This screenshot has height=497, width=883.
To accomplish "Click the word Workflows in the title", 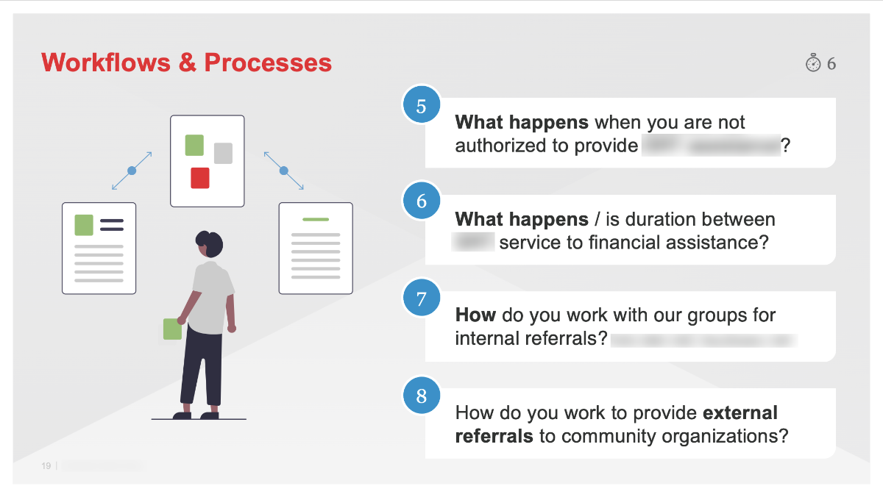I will tap(106, 62).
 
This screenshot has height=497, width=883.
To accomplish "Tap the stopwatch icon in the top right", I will tap(812, 63).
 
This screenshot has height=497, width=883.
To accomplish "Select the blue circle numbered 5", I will tap(421, 105).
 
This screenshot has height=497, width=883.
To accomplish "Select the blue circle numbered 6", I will tap(421, 201).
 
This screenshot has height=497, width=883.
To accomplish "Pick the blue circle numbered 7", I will tap(421, 298).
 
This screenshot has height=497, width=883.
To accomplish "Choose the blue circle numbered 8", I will tap(421, 396).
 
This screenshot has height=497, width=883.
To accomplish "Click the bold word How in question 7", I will tap(475, 315).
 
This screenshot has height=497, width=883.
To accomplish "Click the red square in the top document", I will tap(200, 178).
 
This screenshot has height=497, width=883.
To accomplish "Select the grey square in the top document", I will tap(223, 153).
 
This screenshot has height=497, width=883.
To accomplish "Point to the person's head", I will tap(209, 243).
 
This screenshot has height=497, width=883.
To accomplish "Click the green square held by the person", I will tap(172, 329).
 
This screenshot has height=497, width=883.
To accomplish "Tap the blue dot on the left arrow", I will tap(132, 171).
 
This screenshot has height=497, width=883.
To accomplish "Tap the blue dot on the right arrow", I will tap(283, 171).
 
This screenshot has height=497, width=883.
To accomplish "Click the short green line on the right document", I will tap(316, 219).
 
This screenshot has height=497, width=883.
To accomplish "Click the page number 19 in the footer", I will tap(46, 466).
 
